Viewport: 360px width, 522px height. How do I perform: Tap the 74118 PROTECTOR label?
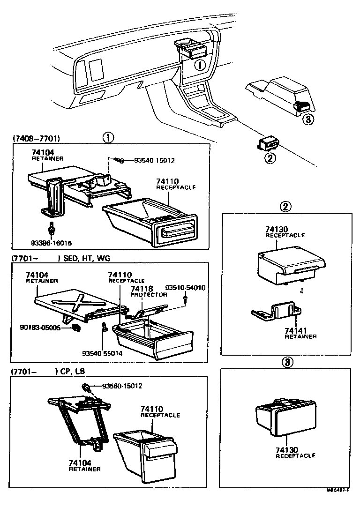[149, 291]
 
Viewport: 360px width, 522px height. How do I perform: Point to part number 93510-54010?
[186, 287]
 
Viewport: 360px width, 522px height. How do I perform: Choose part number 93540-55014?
[102, 353]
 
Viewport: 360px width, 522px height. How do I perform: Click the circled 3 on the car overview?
[307, 120]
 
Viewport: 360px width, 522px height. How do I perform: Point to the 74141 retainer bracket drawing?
[277, 313]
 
